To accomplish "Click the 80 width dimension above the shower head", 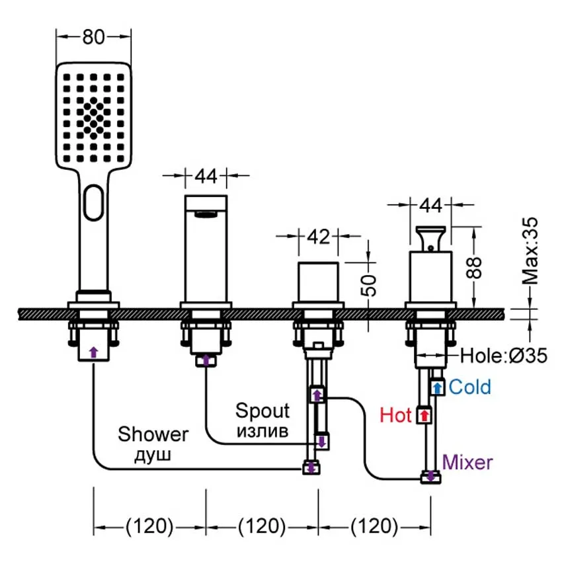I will pos(94,37).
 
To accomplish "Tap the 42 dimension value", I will pos(319,237).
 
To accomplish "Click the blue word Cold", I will pos(470,387).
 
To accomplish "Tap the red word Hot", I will pos(396,415).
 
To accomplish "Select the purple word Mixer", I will pos(467,462).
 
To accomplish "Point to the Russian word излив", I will pos(262,432).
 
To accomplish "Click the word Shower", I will pos(153,434).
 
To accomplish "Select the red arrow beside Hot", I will pos(423,416).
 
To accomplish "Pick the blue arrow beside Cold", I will pos(437,387).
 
